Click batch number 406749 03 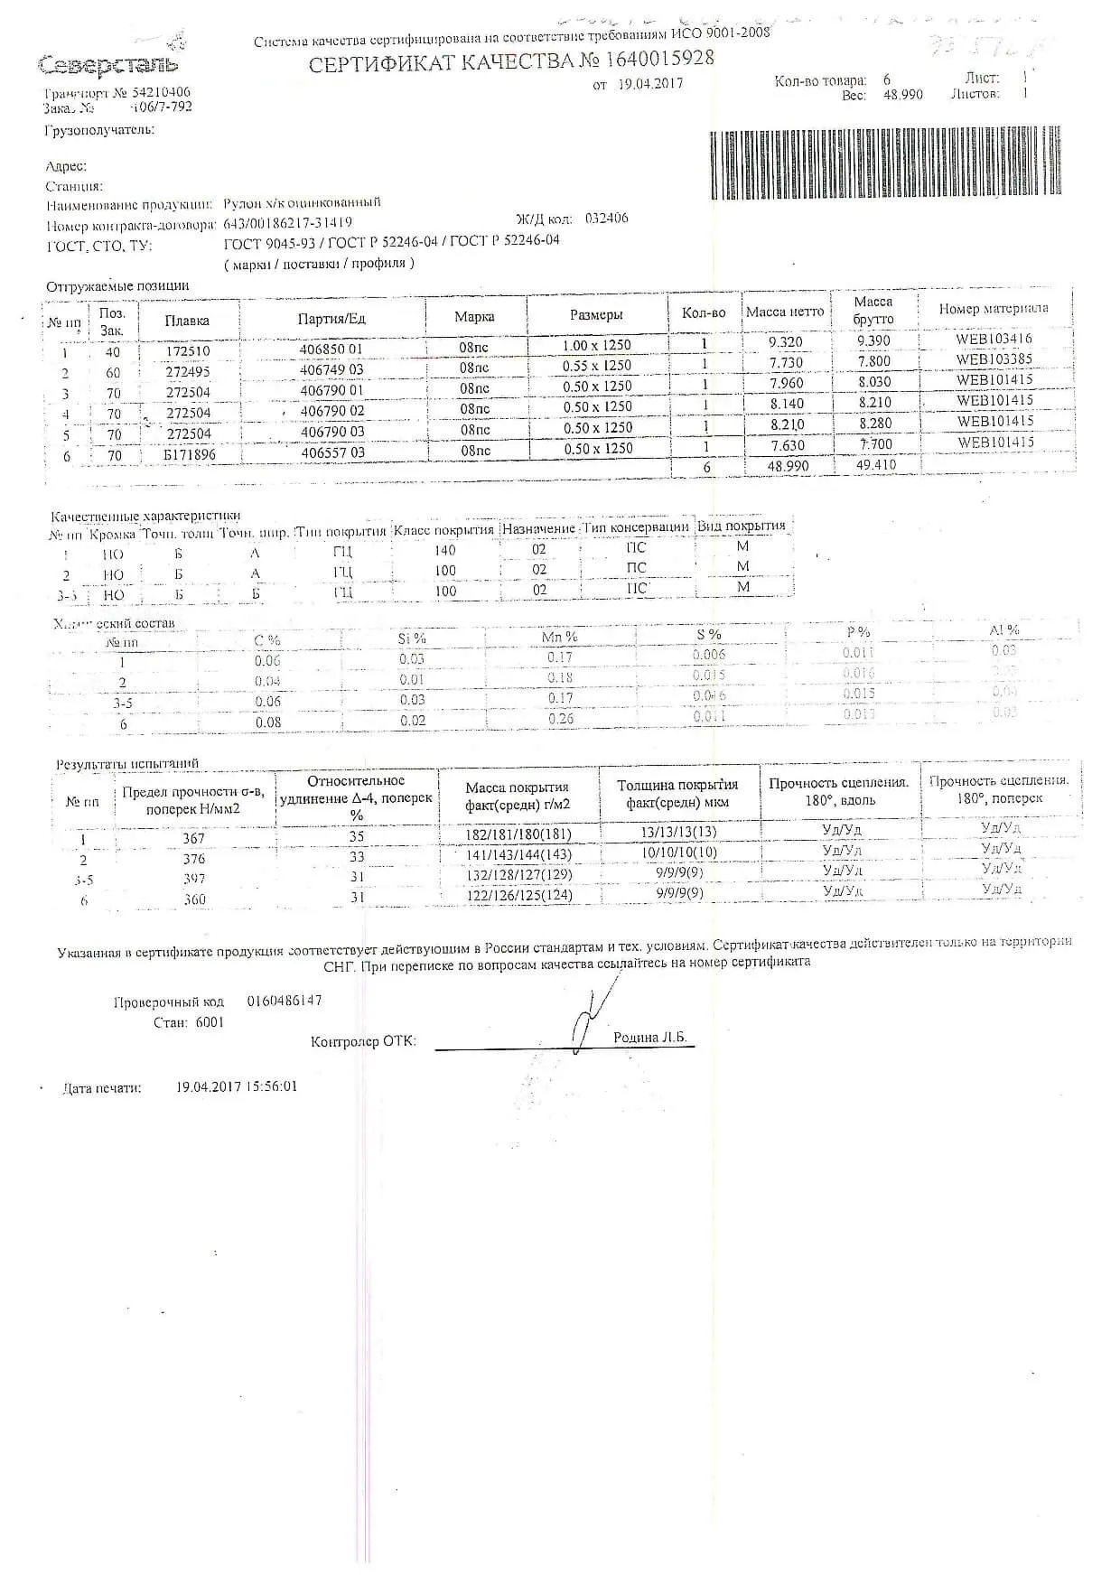[332, 370]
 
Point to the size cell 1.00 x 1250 [596, 345]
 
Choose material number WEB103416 [994, 340]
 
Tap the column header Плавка [187, 320]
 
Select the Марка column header [474, 317]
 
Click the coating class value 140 [445, 550]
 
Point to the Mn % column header [559, 637]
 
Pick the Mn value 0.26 [560, 719]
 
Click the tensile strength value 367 [193, 839]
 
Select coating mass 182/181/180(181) [518, 834]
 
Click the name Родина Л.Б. [649, 1038]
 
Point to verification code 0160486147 [284, 1001]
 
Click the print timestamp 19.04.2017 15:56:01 [237, 1086]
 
